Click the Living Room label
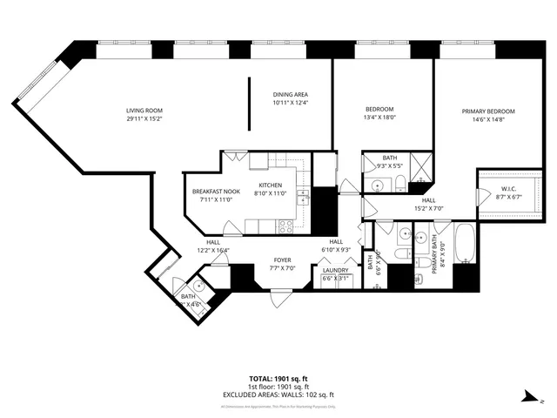(144, 110)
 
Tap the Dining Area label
(291, 95)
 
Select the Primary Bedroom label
(488, 111)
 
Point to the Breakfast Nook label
(216, 192)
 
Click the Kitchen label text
(268, 185)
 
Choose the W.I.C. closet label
(509, 190)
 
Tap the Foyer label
(283, 260)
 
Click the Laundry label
(335, 270)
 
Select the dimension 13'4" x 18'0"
(379, 117)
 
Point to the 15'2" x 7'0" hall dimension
(428, 209)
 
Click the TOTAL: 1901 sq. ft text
(278, 379)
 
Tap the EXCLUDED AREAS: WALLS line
(278, 394)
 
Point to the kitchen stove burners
(285, 226)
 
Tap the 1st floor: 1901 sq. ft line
(278, 387)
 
